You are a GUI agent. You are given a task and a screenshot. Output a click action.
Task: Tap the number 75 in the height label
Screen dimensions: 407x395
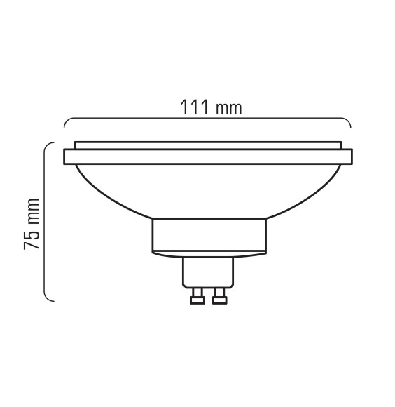pos(31,243)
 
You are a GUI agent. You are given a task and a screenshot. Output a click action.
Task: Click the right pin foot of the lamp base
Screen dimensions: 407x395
pos(220,299)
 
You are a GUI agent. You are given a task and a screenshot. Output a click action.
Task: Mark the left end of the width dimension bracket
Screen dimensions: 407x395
pos(65,127)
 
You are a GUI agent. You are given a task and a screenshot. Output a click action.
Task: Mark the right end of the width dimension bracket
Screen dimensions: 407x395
pos(351,127)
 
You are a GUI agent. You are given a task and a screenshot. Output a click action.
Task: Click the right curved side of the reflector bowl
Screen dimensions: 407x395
pos(312,193)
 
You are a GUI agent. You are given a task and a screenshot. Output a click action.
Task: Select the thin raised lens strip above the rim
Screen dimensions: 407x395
pos(208,145)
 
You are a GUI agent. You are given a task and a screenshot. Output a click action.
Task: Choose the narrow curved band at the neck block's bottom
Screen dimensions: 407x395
pos(208,251)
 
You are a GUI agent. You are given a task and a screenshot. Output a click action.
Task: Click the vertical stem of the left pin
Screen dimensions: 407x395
pos(197,289)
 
